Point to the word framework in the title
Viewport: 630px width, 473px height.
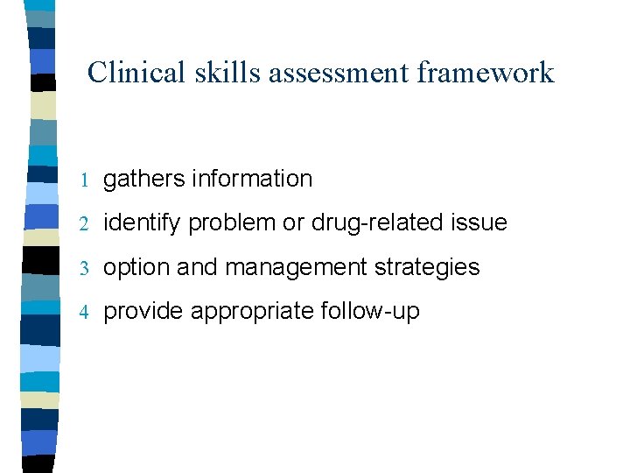pyautogui.click(x=486, y=72)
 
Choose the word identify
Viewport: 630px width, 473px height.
pyautogui.click(x=143, y=223)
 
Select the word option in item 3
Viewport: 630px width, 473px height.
pyautogui.click(x=136, y=267)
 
